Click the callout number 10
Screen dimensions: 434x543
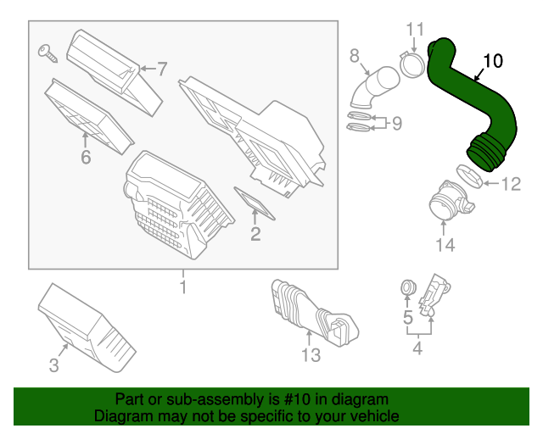coord(493,61)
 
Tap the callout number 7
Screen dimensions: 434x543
coord(162,68)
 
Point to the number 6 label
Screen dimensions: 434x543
coord(85,158)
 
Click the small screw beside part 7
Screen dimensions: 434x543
coord(48,53)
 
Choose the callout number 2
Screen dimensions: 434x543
coord(255,233)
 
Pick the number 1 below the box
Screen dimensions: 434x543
coord(182,287)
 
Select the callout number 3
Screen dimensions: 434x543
coord(53,365)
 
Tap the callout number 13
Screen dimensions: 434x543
coord(311,354)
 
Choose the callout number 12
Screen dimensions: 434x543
coord(511,183)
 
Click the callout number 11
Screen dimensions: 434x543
coord(413,31)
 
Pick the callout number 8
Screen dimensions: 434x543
coord(355,56)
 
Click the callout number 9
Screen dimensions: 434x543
coord(396,123)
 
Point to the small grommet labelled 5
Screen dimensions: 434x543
coord(406,290)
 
